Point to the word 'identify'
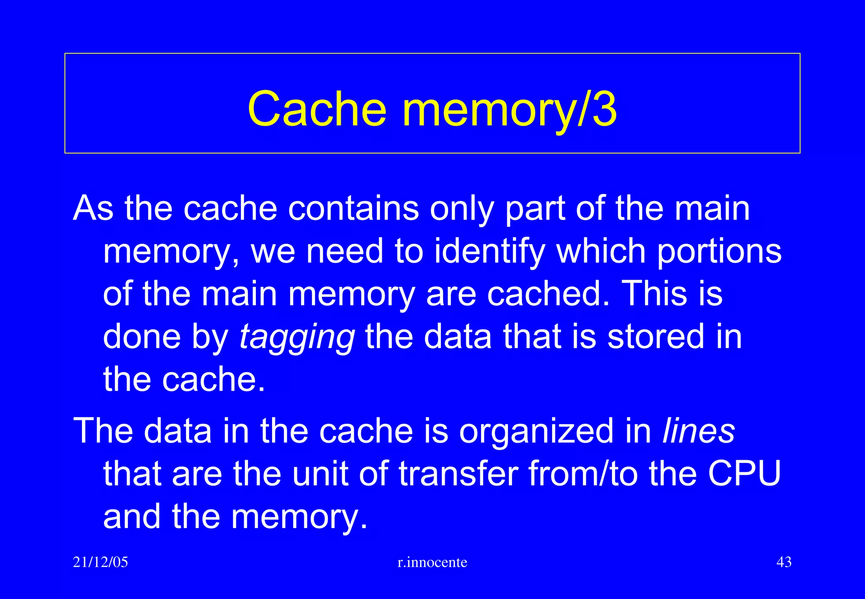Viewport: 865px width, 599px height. tap(490, 251)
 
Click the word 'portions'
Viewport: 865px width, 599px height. tap(719, 251)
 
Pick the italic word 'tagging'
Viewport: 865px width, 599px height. tap(297, 337)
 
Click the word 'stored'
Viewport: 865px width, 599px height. tap(656, 337)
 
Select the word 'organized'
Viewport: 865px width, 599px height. tap(536, 431)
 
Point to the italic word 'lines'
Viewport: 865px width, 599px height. tap(699, 431)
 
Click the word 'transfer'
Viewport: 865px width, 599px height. tap(458, 474)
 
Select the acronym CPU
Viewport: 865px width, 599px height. tap(744, 474)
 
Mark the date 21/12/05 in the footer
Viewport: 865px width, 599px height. tap(101, 562)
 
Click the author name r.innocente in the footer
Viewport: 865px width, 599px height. tap(432, 562)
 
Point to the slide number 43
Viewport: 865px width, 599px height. tap(784, 562)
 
